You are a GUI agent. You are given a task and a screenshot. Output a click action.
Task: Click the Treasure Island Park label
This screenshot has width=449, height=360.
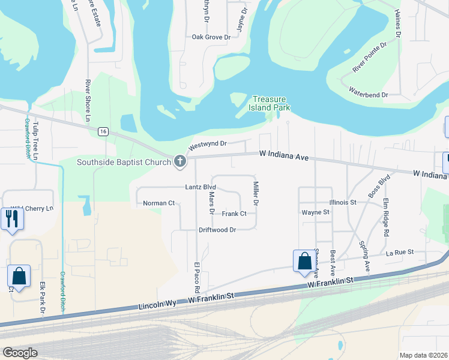270,103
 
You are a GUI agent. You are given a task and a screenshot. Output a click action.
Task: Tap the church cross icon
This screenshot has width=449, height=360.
179,161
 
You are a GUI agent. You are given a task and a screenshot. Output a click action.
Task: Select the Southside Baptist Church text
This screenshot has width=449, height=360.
124,162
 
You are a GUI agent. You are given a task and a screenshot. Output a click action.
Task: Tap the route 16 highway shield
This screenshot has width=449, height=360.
103,131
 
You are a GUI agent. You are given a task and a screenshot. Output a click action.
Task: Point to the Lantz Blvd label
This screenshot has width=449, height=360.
200,187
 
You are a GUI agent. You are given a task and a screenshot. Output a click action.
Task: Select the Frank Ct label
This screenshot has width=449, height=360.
234,214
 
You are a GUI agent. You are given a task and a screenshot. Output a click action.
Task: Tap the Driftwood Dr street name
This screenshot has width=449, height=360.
217,230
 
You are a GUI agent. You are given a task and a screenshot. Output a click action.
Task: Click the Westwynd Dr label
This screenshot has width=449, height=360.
207,145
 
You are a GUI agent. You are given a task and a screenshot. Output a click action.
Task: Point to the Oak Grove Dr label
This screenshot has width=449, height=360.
211,37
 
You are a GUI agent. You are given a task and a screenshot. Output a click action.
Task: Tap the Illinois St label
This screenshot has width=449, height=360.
343,203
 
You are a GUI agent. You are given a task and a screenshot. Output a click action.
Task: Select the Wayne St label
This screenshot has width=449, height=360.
316,212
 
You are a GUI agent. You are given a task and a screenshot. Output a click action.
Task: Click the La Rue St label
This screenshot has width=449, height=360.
400,253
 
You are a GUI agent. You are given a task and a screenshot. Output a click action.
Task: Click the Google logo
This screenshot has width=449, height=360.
20,352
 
